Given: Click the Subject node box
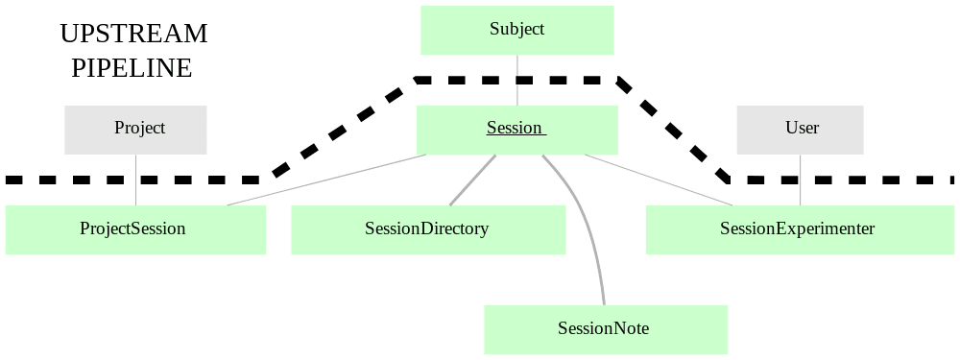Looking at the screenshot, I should point(516,30).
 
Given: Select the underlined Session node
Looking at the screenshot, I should point(516,130).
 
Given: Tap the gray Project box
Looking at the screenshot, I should point(135,130).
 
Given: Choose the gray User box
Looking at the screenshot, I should point(800,130).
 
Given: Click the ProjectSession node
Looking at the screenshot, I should point(135,229).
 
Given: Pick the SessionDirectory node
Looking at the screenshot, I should point(428,229).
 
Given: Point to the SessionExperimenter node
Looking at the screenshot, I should point(800,229).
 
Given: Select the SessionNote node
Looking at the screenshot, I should point(605,329).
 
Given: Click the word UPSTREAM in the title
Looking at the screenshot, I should point(133,34).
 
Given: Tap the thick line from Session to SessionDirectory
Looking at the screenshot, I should point(472,180).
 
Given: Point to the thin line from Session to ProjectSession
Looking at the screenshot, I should point(326,180).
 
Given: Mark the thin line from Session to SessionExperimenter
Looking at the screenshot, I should point(662,180).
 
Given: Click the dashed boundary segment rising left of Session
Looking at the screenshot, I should point(341,130).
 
